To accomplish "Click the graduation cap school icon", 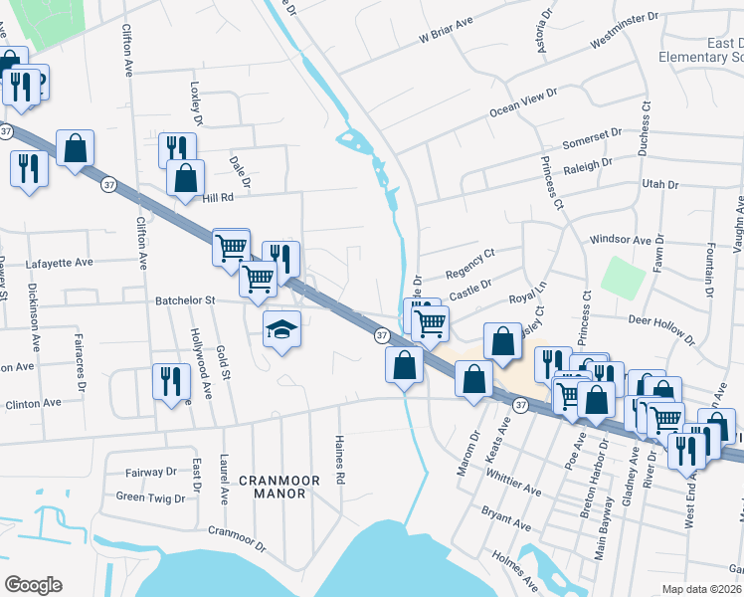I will click(x=281, y=328).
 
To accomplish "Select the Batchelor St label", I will click(x=185, y=299).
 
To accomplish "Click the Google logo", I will click(x=33, y=585).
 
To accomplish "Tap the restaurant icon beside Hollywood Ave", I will click(x=170, y=380).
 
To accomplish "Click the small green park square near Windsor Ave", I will click(x=623, y=276).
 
